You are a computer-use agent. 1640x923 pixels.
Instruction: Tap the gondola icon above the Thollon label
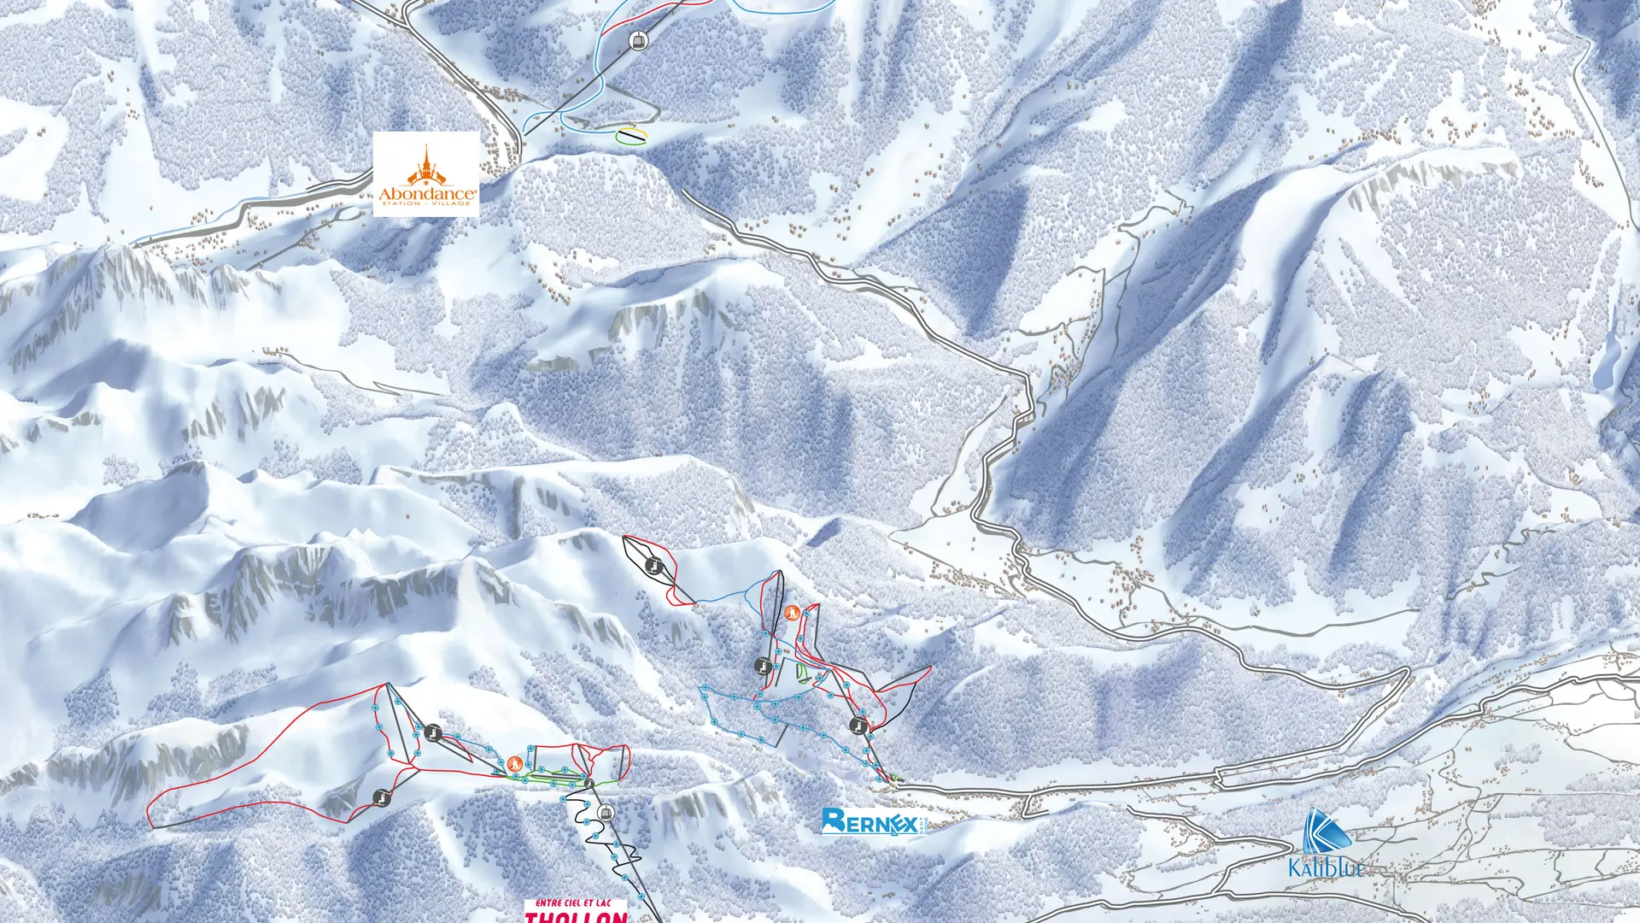606,812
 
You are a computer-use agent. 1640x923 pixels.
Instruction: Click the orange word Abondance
427,194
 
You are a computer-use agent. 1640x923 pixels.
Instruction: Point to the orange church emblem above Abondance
426,166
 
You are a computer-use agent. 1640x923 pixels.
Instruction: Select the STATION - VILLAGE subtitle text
427,204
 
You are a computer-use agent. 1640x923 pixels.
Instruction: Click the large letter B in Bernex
834,821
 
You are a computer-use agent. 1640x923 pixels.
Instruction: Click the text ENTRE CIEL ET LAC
574,902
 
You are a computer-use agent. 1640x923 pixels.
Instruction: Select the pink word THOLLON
576,917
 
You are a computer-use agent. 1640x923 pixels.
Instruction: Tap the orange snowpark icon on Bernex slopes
792,612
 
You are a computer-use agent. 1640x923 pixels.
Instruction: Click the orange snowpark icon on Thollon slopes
514,763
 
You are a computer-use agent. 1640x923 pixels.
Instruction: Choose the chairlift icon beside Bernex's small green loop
762,666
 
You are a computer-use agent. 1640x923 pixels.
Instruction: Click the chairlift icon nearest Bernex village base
858,726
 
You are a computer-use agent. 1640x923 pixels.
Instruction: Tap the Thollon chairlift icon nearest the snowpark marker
433,732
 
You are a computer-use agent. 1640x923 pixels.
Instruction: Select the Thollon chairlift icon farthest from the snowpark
382,798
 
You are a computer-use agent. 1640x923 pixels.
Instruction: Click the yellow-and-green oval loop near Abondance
631,136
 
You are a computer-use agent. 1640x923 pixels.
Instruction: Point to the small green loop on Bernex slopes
803,673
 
